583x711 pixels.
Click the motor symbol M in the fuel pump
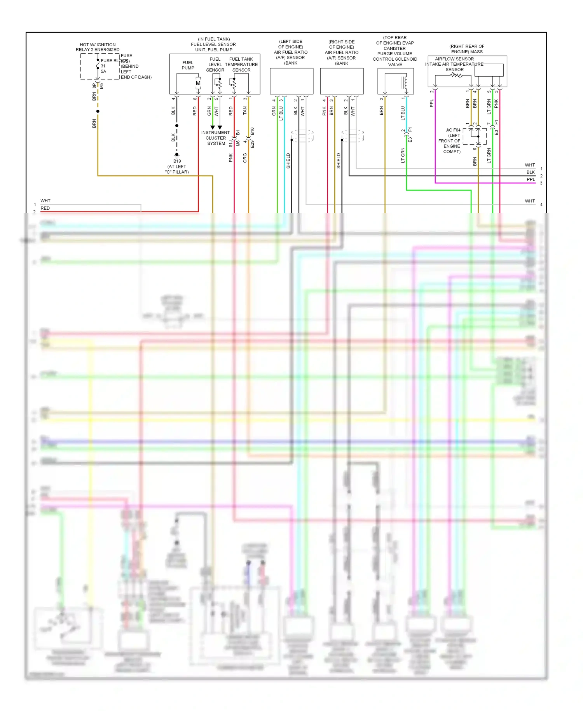[198, 83]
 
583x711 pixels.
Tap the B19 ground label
[177, 161]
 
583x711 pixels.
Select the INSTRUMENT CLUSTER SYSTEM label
[216, 138]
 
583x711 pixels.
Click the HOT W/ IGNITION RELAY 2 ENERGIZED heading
[98, 47]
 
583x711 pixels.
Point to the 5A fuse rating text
[103, 72]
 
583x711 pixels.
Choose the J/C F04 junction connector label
[453, 130]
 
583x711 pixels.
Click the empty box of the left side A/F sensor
[291, 81]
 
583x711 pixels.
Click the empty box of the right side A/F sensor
[342, 81]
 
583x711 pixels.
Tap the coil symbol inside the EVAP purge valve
[405, 82]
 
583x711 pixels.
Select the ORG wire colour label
[245, 158]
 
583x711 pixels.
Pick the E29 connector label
[252, 144]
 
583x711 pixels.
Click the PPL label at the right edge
[531, 179]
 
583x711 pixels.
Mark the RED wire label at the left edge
[45, 208]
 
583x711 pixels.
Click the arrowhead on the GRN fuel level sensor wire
[213, 128]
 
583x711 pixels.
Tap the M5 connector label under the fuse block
[102, 86]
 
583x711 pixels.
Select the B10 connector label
[252, 131]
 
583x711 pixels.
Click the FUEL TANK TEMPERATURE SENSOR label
[241, 65]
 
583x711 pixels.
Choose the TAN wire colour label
[245, 111]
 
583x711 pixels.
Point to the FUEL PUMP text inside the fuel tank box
[188, 65]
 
